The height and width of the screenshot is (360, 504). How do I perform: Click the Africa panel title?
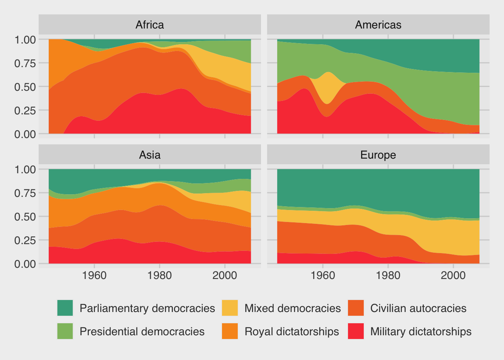click(150, 25)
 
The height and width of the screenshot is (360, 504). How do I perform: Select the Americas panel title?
click(378, 25)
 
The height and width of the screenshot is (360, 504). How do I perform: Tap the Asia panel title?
click(150, 155)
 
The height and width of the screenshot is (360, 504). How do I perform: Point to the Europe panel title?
click(378, 155)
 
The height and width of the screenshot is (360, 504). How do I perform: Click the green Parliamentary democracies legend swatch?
click(65, 308)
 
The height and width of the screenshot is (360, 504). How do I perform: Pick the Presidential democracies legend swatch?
click(65, 331)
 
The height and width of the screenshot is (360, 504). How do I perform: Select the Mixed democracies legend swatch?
click(230, 308)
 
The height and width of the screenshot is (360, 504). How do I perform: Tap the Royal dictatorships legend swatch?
click(230, 331)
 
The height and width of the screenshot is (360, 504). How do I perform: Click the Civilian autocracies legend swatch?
click(356, 308)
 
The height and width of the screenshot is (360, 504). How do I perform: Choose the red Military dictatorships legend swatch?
click(356, 331)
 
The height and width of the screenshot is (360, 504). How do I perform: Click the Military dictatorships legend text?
click(421, 331)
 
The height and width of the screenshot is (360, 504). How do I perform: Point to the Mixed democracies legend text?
click(292, 308)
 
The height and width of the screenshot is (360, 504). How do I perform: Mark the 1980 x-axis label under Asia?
click(160, 276)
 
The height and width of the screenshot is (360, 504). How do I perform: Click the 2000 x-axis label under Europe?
click(453, 276)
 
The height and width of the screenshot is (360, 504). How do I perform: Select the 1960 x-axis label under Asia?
click(94, 276)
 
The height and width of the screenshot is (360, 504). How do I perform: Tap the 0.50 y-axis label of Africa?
click(25, 87)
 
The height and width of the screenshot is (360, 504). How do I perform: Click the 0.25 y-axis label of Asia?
click(25, 240)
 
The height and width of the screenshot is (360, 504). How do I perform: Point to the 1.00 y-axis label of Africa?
click(25, 39)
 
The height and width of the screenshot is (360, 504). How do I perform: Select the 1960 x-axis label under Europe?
click(323, 276)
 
